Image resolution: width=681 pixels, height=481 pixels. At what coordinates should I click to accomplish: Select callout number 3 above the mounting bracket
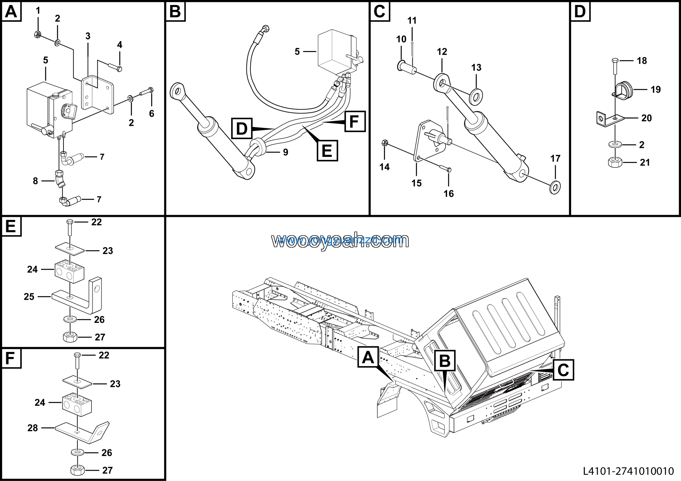tap(88, 36)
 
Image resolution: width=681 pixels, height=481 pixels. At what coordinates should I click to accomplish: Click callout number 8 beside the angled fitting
tap(35, 181)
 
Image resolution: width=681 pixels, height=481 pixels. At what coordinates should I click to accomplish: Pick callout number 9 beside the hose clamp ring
tap(285, 152)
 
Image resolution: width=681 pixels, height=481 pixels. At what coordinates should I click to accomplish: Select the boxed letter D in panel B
tap(242, 128)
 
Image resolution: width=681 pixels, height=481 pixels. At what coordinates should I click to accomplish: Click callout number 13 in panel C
tap(476, 67)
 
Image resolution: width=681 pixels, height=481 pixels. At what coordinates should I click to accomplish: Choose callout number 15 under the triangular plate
tap(416, 183)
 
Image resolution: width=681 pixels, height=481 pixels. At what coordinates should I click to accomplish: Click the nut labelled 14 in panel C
tap(384, 143)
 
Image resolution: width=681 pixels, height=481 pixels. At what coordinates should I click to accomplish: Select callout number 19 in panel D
tap(655, 89)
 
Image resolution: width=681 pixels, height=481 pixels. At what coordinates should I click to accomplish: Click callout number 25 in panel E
tap(29, 297)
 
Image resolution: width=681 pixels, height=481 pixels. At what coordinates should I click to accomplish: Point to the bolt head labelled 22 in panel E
tap(70, 222)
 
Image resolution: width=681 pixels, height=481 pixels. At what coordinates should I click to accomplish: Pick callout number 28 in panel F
tap(32, 428)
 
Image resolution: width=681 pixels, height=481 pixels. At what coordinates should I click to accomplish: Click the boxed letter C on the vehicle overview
tap(563, 370)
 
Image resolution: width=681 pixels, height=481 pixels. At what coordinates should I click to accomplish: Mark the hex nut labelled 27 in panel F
tap(78, 470)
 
